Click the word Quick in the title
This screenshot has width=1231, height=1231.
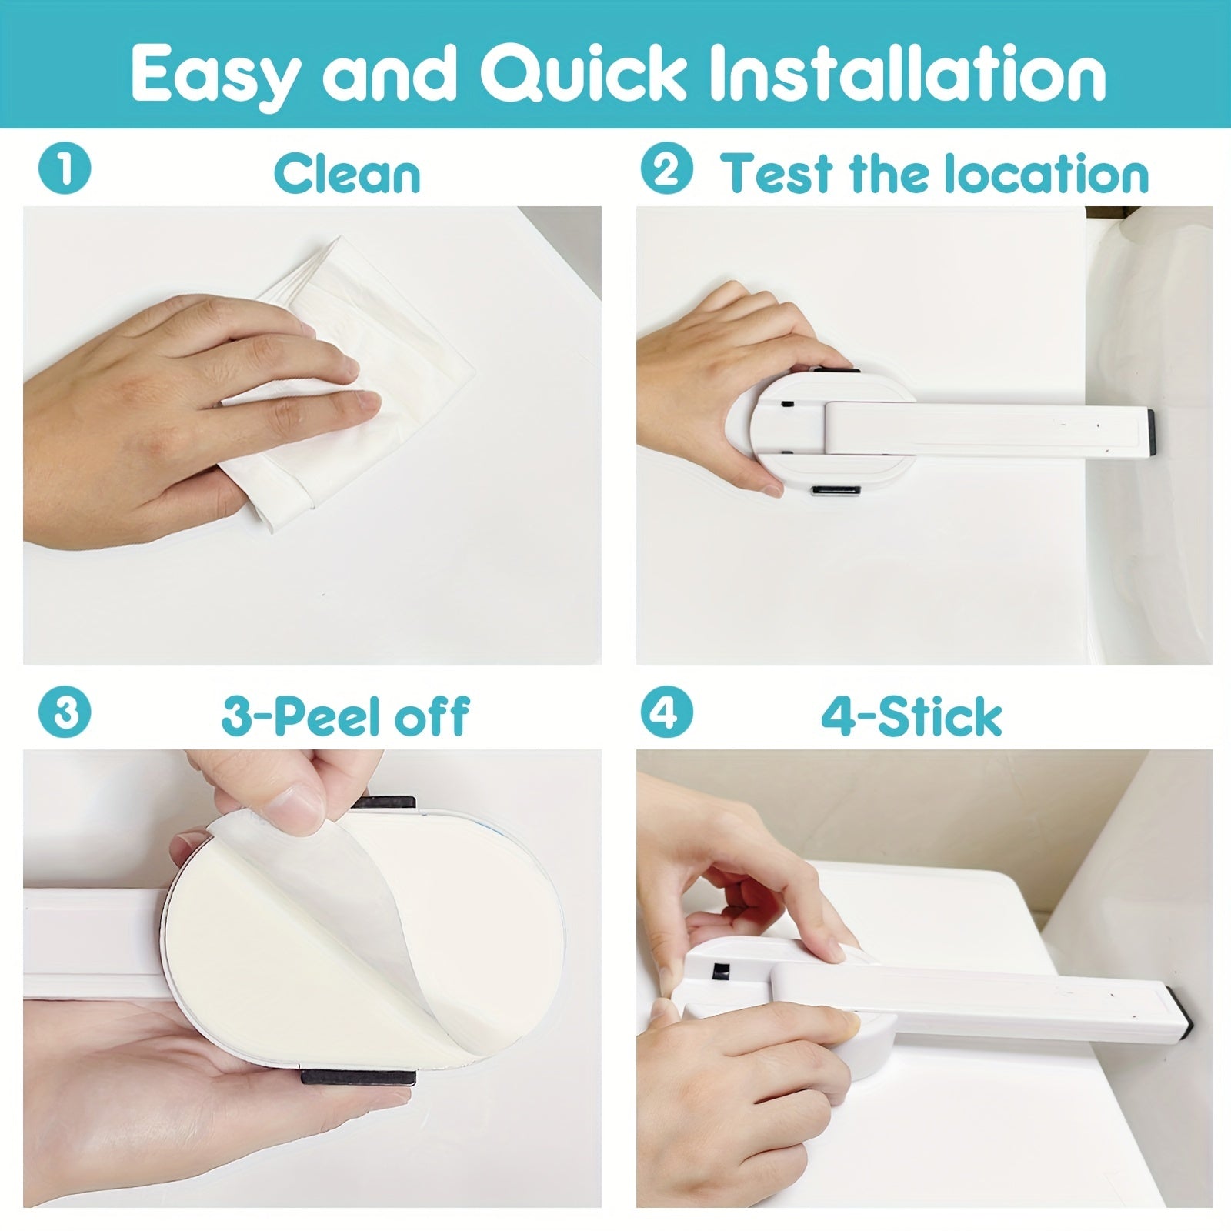[x=583, y=73]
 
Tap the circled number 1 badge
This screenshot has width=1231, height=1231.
[x=65, y=168]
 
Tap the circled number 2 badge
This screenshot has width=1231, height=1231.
[x=666, y=170]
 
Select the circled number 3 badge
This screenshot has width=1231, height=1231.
[x=65, y=712]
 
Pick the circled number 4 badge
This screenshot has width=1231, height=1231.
[x=666, y=712]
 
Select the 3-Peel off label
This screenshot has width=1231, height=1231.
[x=345, y=716]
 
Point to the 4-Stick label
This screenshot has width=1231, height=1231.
[x=911, y=716]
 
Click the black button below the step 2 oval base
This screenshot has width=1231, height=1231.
[x=836, y=489]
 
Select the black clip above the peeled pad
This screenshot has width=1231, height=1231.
[x=385, y=802]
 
